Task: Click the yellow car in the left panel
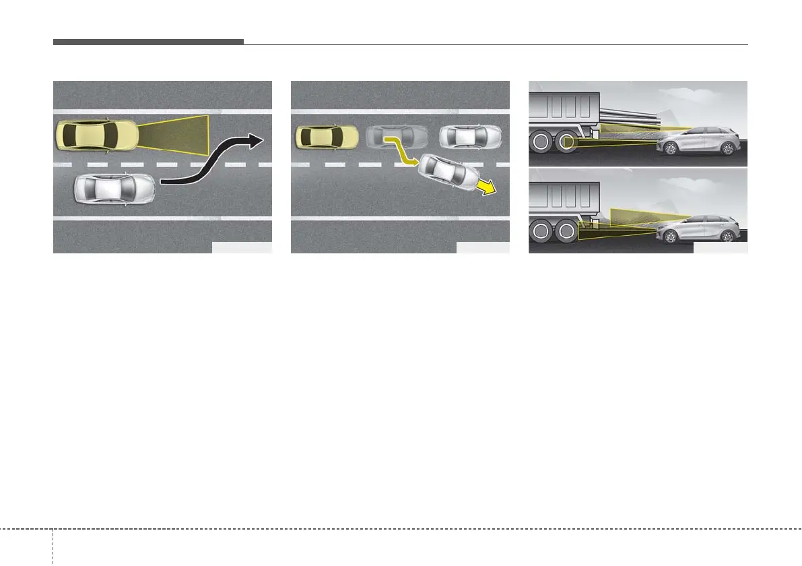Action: click(x=96, y=137)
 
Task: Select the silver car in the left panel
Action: click(x=114, y=190)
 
